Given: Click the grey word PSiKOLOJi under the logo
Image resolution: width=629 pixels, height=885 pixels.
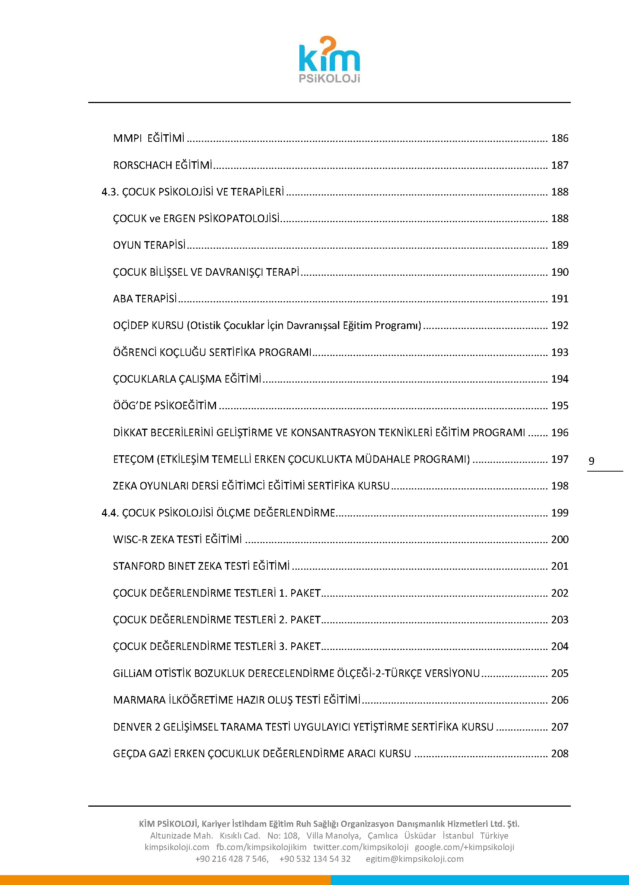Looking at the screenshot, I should (329, 78).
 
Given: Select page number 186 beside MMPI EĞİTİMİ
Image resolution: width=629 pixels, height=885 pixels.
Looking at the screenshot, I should (560, 138).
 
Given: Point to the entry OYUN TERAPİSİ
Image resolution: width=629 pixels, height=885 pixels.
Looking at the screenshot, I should (149, 245).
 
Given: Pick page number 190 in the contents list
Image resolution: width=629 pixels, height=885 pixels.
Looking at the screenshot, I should (560, 272).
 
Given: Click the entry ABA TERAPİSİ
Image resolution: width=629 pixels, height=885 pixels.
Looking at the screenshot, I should (145, 299).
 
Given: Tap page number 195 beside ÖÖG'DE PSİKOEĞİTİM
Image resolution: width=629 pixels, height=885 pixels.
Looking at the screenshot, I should (560, 405).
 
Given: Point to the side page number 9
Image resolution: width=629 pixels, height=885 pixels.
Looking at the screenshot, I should (591, 461).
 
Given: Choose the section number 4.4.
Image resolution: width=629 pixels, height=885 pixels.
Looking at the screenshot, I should (110, 513).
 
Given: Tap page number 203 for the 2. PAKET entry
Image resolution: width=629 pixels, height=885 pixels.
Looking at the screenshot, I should (560, 620).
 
